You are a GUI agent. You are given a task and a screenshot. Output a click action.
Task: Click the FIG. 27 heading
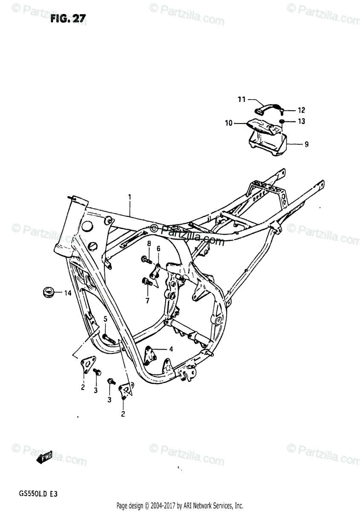(68, 18)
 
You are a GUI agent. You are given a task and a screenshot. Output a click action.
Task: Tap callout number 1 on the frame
(130, 197)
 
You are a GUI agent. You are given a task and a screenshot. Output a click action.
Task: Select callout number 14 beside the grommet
(67, 293)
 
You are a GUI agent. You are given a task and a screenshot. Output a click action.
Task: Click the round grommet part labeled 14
(46, 293)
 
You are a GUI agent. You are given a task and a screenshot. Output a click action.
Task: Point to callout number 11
(242, 100)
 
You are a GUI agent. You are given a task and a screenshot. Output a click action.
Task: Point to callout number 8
(149, 244)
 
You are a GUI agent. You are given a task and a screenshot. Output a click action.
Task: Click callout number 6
(158, 249)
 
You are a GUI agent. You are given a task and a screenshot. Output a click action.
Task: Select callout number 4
(170, 349)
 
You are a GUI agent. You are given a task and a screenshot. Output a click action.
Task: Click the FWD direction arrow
(44, 458)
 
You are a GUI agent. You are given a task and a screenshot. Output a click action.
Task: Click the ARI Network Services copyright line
(180, 505)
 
